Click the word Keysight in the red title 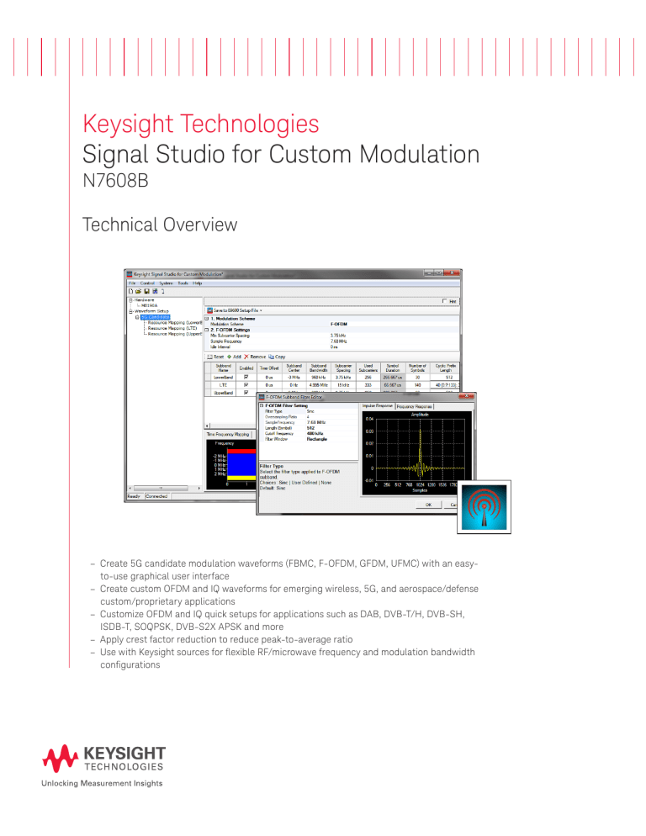(135, 125)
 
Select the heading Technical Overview (160, 225)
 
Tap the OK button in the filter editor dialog (428, 505)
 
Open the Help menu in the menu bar (198, 283)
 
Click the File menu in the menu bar (132, 283)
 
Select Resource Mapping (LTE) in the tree (173, 327)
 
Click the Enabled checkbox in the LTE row (246, 385)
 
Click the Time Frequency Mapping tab (230, 434)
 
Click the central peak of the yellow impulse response (416, 429)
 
